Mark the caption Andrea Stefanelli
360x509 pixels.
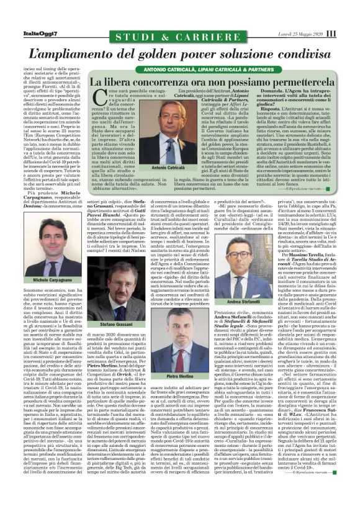coord(248,284)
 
